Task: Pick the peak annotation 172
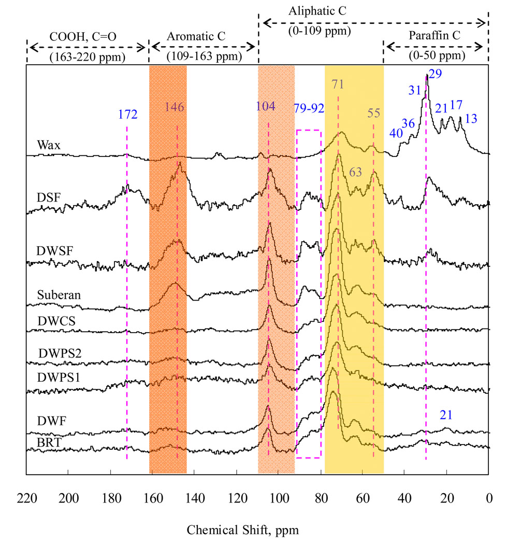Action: pos(127,114)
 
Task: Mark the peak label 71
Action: pos(338,84)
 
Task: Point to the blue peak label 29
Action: pos(435,74)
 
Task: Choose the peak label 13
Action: pos(471,118)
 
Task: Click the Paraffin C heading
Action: pos(435,37)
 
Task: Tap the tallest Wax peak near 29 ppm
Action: pos(426,76)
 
